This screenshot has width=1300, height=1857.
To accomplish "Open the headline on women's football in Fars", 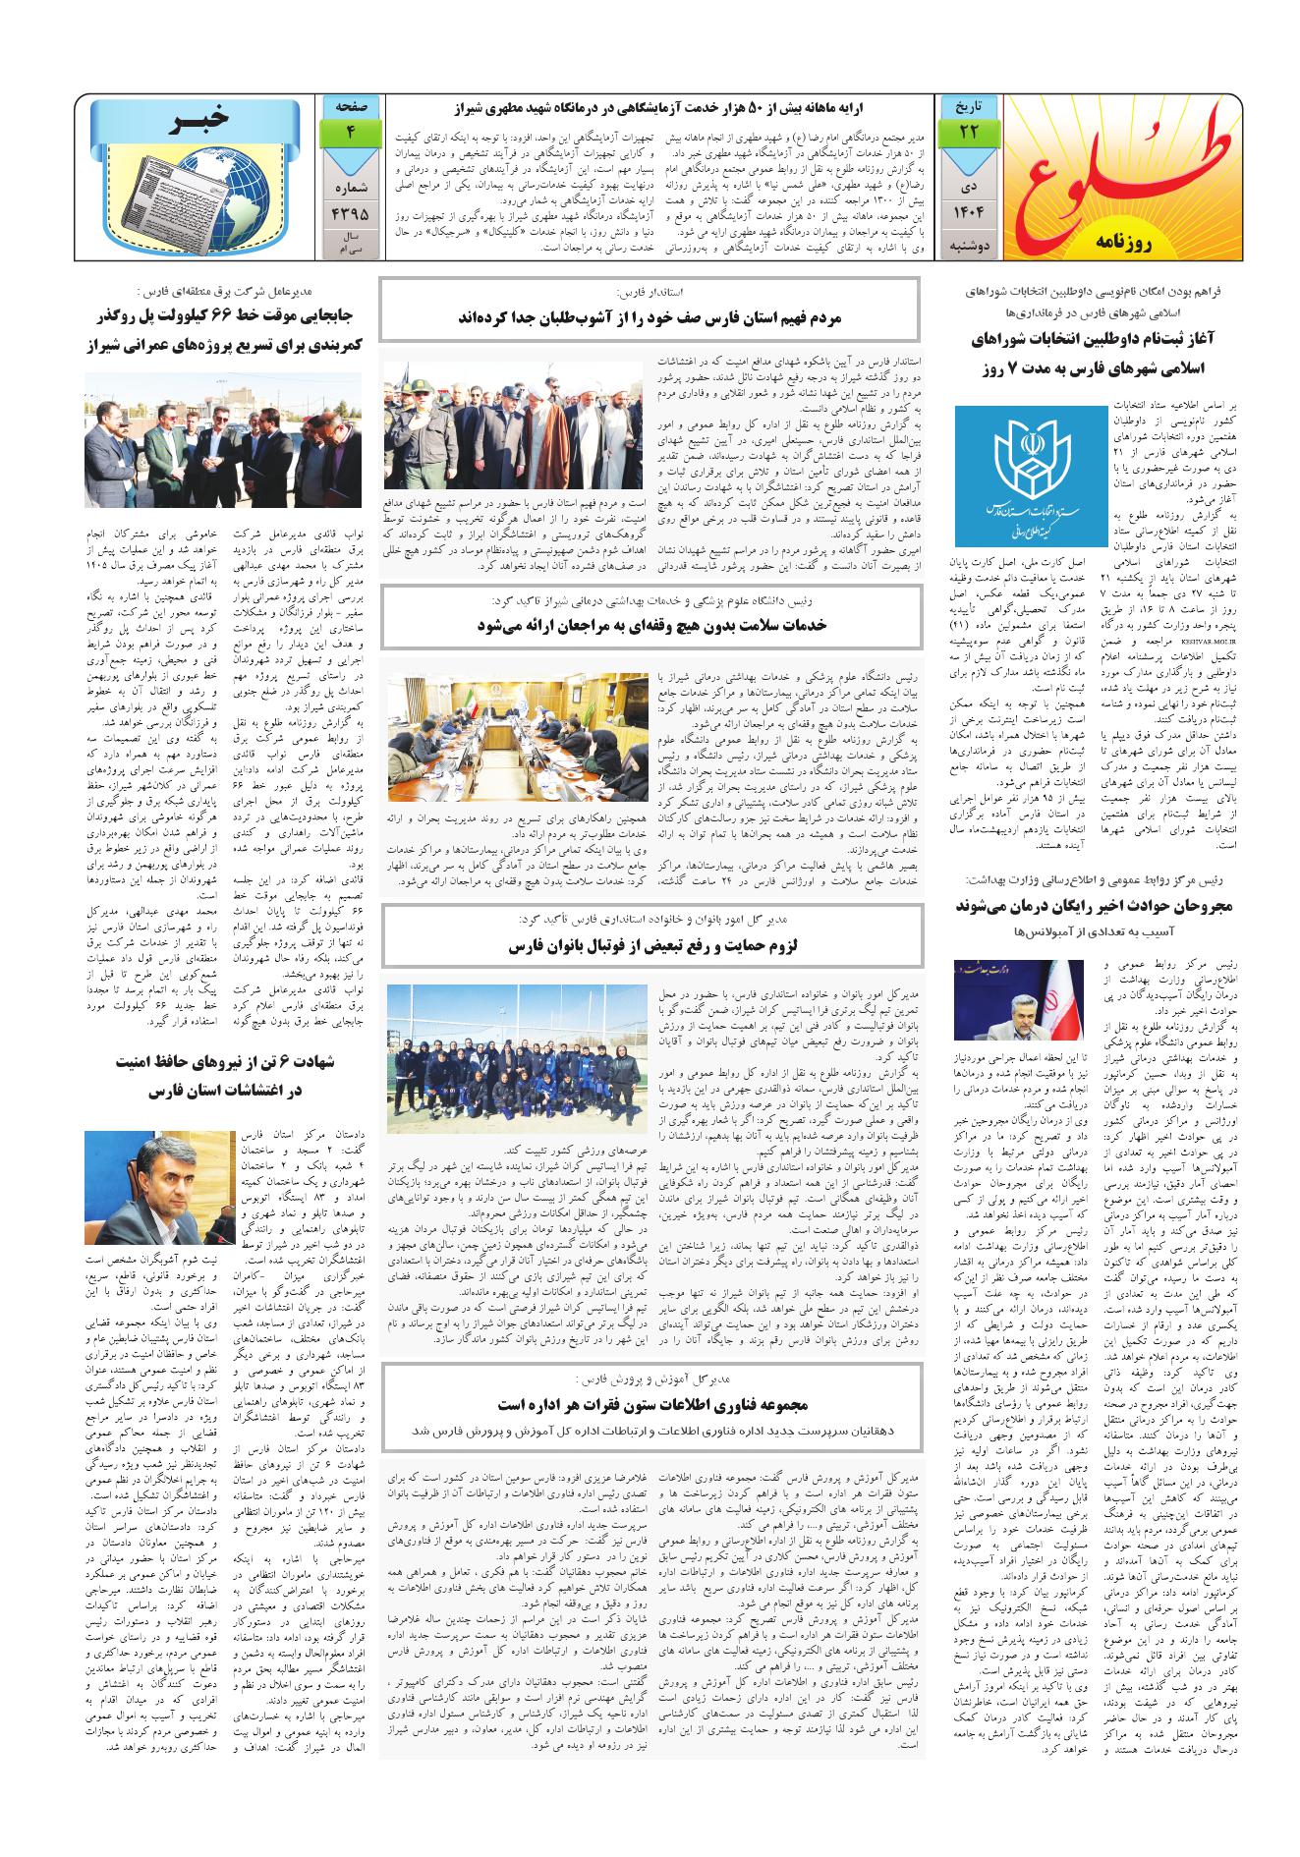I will [x=650, y=946].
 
